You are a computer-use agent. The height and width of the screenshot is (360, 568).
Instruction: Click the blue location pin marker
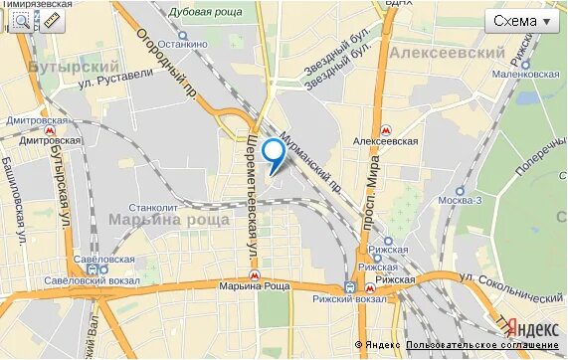272,155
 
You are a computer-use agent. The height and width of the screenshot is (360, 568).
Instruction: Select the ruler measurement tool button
52,19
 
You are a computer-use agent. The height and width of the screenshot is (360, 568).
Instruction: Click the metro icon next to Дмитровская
50,130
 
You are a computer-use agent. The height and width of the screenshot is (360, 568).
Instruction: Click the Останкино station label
185,45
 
